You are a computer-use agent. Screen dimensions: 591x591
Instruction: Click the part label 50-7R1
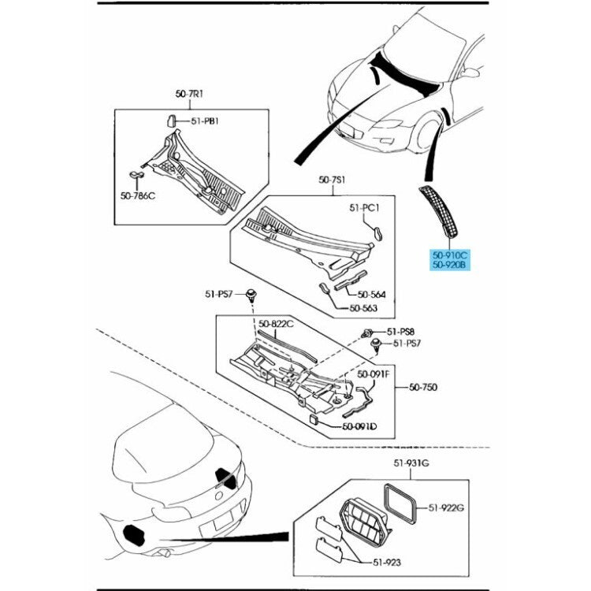[x=190, y=94]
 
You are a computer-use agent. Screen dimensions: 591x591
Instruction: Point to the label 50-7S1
[x=333, y=180]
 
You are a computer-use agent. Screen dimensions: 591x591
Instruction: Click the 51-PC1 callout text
[x=365, y=208]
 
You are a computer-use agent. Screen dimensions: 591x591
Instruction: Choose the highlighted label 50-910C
[x=449, y=255]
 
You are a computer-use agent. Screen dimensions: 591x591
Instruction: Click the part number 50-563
[x=364, y=308]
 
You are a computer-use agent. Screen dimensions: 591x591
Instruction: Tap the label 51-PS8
[x=401, y=332]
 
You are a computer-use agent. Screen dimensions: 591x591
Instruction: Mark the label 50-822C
[x=276, y=324]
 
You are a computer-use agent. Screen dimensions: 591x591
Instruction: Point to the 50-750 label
[x=423, y=387]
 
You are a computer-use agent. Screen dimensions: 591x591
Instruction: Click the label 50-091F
[x=374, y=374]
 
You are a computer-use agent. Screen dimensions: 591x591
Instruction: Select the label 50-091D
[x=359, y=426]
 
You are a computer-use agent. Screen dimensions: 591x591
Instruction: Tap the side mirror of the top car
[x=470, y=73]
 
